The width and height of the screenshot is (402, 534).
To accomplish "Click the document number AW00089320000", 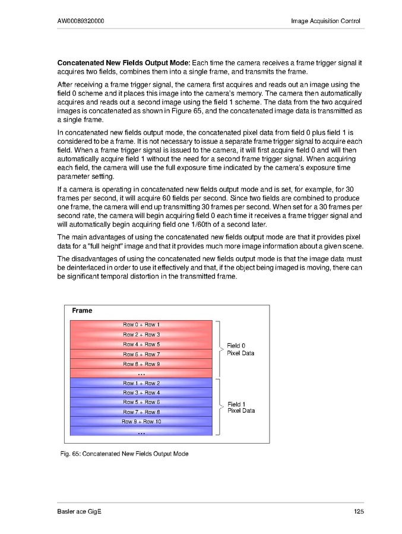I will click(x=82, y=21).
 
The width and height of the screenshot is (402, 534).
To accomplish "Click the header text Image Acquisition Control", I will click(x=325, y=21).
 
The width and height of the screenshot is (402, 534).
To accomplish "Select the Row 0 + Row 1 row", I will click(x=141, y=325).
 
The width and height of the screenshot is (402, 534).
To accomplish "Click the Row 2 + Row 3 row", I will click(x=141, y=334).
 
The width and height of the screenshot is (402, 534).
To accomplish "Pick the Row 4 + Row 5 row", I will click(x=141, y=345).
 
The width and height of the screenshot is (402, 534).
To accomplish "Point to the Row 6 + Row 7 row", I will click(x=141, y=354).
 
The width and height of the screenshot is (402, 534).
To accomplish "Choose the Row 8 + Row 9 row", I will click(x=141, y=364).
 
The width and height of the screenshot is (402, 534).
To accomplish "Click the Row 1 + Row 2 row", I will click(x=141, y=383).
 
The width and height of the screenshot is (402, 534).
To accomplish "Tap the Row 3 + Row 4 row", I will click(x=141, y=393).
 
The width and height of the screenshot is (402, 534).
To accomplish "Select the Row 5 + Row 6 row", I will click(x=141, y=402).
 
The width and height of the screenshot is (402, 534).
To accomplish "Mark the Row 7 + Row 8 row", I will click(x=141, y=412).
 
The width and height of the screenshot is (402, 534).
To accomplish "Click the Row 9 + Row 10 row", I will click(x=141, y=421).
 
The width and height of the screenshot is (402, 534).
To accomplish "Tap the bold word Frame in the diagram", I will click(x=82, y=311).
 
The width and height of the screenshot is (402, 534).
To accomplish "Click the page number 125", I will click(x=357, y=512).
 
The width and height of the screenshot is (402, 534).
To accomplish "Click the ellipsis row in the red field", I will click(x=141, y=374).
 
